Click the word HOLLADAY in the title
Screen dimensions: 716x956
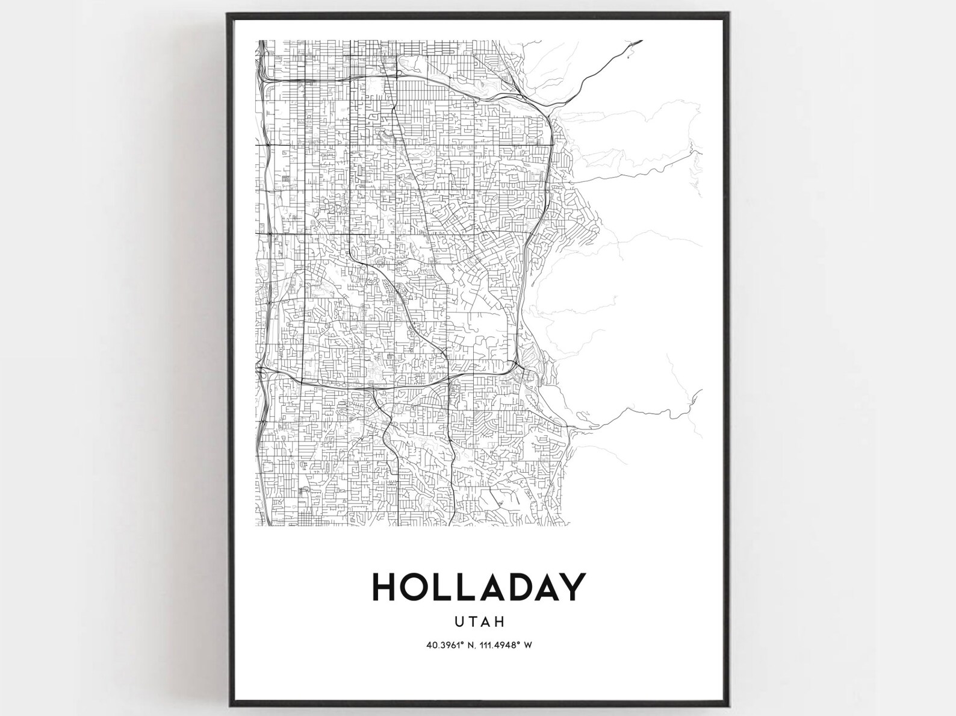coord(479,587)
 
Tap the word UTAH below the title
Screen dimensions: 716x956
coord(480,620)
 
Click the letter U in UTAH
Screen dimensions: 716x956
coord(460,620)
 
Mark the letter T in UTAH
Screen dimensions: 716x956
coord(473,620)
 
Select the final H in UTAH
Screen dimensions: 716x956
coord(500,620)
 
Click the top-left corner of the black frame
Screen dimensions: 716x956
coord(228,14)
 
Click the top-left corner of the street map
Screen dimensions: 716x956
coord(257,40)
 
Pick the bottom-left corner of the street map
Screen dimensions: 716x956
coord(257,525)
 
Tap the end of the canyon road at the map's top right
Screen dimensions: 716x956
coord(642,41)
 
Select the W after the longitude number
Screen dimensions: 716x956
coord(528,645)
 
